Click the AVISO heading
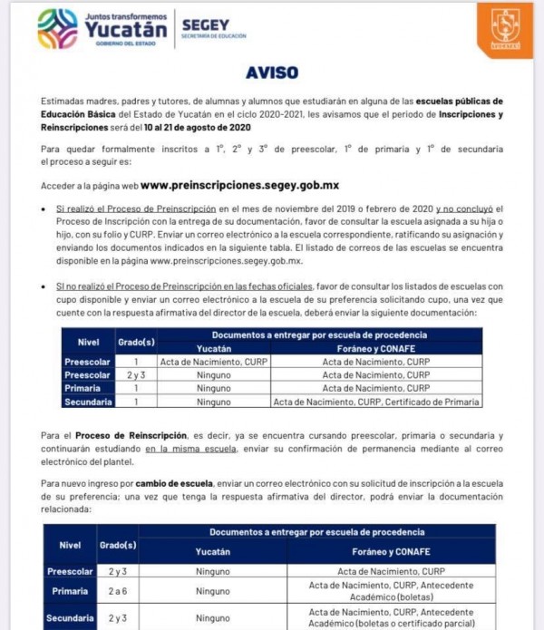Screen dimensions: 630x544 pos(271,73)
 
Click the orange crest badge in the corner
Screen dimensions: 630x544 pos(505,29)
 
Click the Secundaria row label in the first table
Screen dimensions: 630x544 pos(88,401)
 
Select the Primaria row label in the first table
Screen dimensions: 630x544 pos(88,388)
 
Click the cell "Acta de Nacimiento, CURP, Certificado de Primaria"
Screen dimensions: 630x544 pos(376,401)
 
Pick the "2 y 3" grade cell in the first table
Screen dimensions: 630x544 pos(136,374)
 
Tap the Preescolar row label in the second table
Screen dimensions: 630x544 pos(70,572)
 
